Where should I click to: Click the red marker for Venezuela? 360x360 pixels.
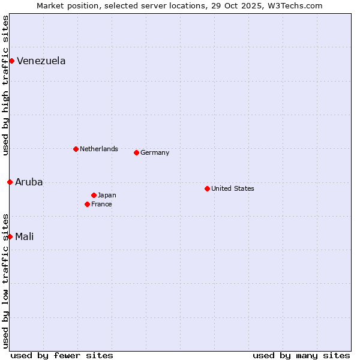[11, 61]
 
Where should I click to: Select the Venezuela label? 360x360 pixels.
[41, 61]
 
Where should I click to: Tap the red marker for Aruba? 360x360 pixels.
[10, 182]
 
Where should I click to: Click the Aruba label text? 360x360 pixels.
[29, 182]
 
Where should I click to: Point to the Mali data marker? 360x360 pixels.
[10, 236]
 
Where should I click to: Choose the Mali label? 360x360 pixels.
[24, 237]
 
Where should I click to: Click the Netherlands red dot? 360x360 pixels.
[76, 149]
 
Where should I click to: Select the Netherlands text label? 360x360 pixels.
[98, 149]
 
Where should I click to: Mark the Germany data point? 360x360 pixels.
[136, 152]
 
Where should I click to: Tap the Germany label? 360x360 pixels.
[155, 153]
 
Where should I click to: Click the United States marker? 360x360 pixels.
[207, 188]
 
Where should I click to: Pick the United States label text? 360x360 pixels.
[232, 189]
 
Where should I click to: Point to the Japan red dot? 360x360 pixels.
[94, 195]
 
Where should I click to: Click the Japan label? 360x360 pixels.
[107, 196]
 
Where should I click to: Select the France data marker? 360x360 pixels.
[87, 204]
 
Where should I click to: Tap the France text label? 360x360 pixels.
[101, 205]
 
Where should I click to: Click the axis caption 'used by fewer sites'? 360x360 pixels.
[62, 355]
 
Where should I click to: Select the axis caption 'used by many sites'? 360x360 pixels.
[301, 355]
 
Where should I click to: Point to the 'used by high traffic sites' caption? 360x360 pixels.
[5, 86]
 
